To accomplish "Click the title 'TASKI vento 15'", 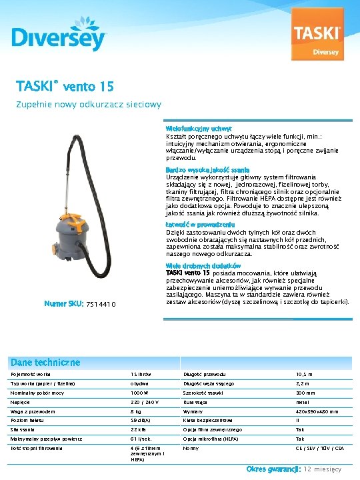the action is [65, 87].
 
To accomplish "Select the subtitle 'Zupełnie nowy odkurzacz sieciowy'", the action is [89, 105].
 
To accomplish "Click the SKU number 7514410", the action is [101, 305].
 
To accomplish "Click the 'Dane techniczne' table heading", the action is [45, 362].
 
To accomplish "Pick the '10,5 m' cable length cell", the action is [305, 375].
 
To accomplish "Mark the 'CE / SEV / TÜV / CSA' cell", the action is [319, 448].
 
